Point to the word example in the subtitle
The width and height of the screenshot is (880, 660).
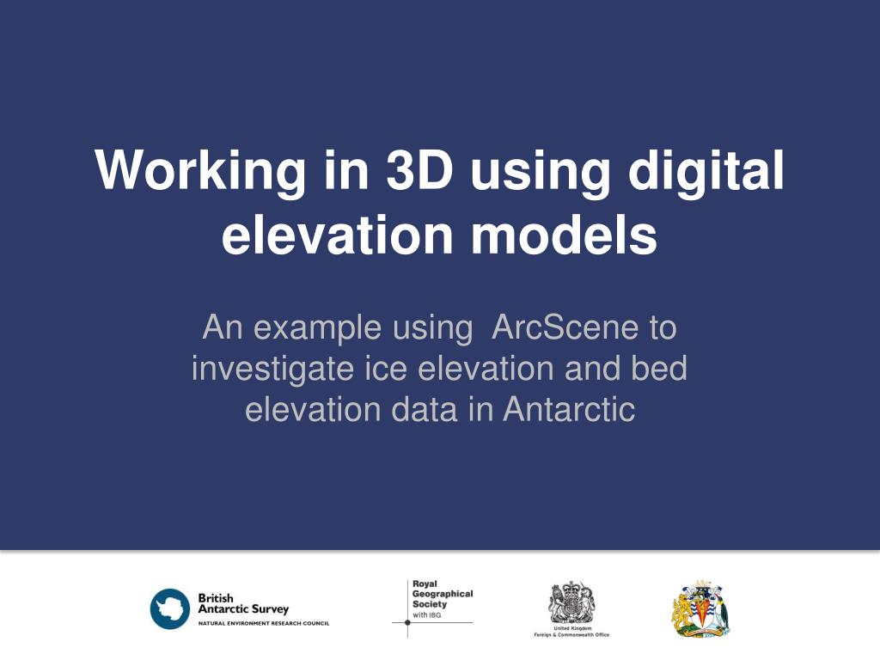coord(318,327)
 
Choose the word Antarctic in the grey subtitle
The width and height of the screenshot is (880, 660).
coord(569,409)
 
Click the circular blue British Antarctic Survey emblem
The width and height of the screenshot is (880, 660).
coord(169,608)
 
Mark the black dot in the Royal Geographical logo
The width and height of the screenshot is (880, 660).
coord(407,622)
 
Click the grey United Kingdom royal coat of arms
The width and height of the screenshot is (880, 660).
coord(571,602)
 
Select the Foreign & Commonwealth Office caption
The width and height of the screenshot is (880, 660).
coord(571,635)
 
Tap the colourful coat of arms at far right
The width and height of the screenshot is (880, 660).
coord(700,608)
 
